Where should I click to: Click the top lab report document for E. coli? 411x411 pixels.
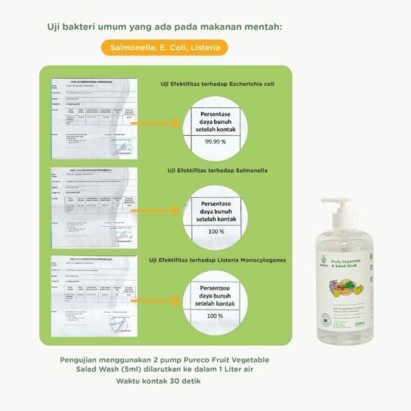(94, 118)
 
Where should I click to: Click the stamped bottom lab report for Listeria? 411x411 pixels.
(94, 297)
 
